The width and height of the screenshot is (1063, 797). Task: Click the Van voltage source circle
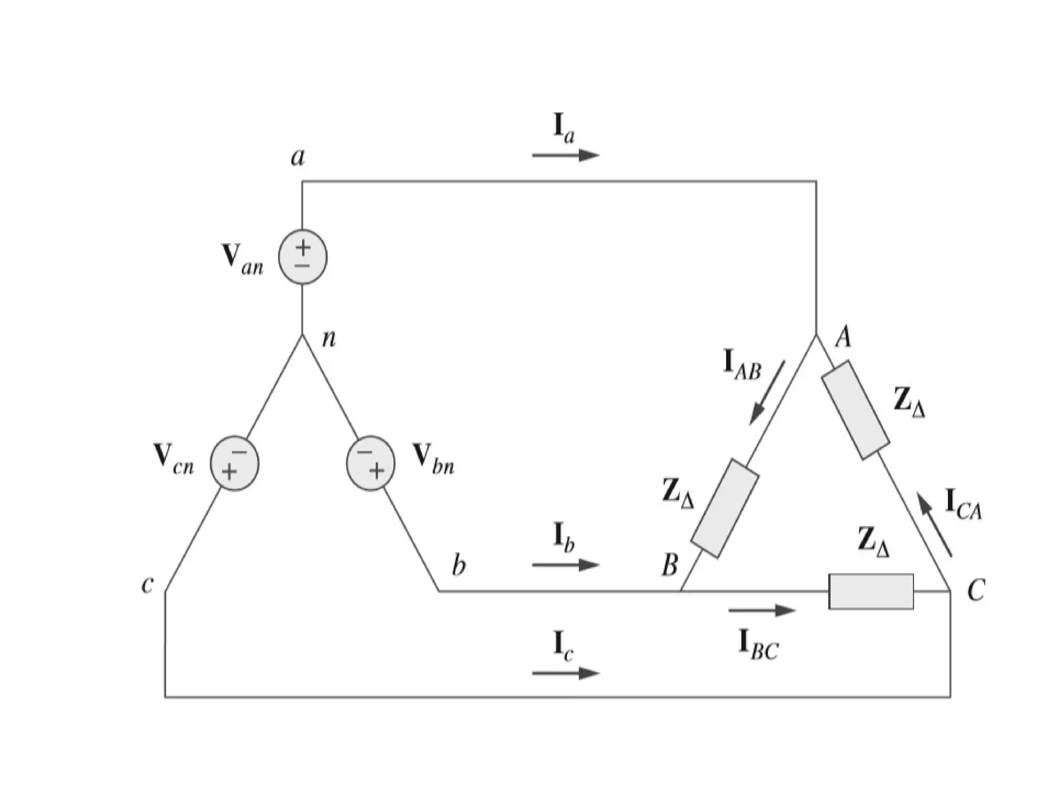coord(303,257)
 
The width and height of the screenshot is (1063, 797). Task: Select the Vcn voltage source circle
coord(234,463)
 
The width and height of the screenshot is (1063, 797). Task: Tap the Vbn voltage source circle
coord(371,463)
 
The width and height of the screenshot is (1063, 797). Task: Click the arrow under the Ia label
coord(565,155)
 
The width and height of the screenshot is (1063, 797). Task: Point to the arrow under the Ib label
coord(565,564)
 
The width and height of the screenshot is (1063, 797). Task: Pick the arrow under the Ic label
coord(565,673)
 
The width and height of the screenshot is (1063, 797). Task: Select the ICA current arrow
coord(934,525)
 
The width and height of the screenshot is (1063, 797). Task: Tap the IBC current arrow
coord(761,611)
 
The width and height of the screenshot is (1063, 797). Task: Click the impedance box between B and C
coord(871,591)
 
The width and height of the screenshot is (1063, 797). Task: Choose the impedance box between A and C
coord(855,410)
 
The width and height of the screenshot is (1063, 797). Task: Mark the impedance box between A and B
coord(725,508)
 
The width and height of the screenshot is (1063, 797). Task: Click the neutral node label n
coord(329,339)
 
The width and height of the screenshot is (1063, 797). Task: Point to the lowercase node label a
coord(297,156)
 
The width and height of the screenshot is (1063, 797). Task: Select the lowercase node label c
coord(147,585)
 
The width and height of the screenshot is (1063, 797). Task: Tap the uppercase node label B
coord(670,565)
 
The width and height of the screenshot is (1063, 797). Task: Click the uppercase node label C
coord(976,590)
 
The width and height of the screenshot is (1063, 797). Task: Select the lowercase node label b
coord(459,565)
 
